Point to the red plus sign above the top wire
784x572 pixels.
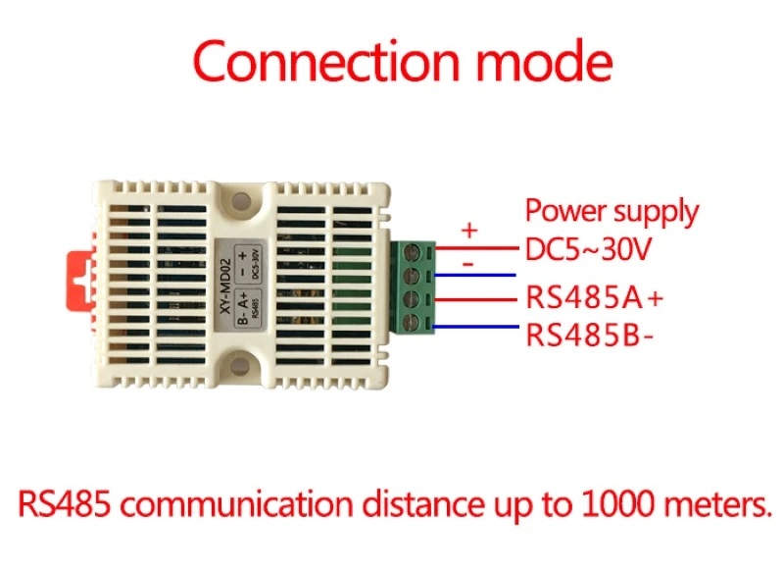[x=469, y=231]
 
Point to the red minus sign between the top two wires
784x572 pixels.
[x=467, y=264]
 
